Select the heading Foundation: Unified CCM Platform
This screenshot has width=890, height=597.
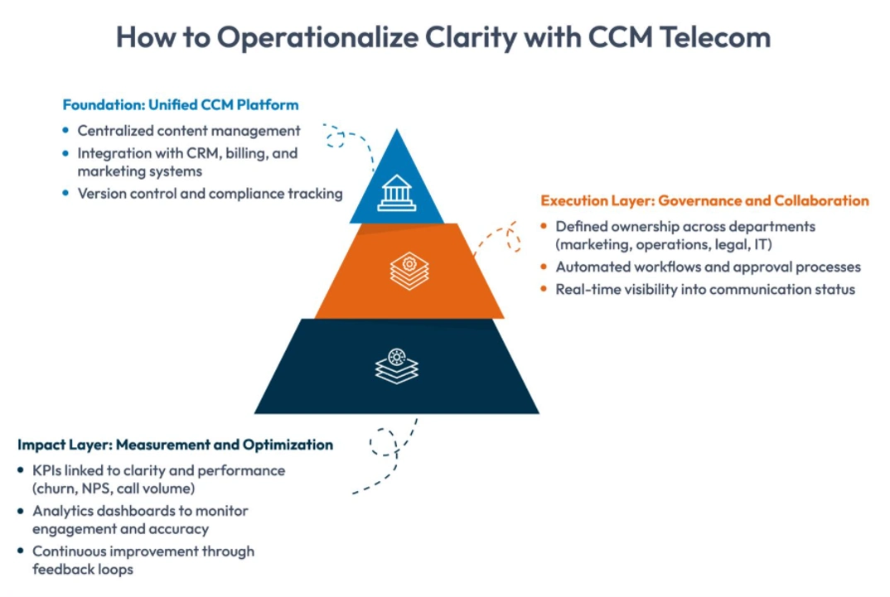pyautogui.click(x=181, y=105)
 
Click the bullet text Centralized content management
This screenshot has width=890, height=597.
pyautogui.click(x=189, y=131)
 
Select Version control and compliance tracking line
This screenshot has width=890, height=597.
pyautogui.click(x=210, y=194)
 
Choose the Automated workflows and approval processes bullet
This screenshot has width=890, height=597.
pyautogui.click(x=708, y=267)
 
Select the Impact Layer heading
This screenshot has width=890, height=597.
pyautogui.click(x=175, y=445)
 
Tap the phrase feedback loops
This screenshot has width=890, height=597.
pyautogui.click(x=83, y=569)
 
